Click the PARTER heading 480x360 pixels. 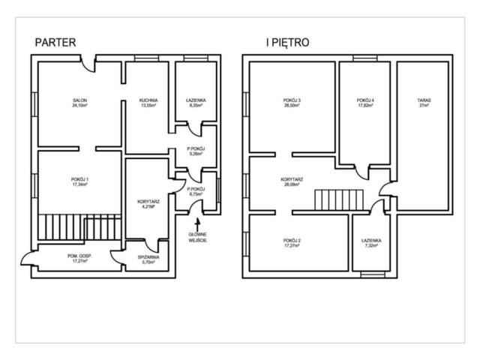point(55,42)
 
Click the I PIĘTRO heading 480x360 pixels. point(288,42)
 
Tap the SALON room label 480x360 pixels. point(80,100)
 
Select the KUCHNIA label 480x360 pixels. point(148,100)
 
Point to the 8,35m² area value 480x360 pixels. point(196,105)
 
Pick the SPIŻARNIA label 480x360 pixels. point(148,257)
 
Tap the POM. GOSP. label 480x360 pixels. point(80,256)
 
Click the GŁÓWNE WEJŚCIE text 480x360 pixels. point(197,238)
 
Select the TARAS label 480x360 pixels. point(424,100)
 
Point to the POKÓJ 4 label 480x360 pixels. point(365,100)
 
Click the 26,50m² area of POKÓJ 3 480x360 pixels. point(292,105)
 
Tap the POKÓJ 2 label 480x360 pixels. point(292,240)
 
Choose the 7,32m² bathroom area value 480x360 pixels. point(371,245)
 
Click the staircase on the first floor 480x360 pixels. point(339,200)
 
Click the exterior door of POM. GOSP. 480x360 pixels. point(28,259)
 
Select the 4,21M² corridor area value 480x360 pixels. point(148,207)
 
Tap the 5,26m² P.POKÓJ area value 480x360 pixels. point(196,154)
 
